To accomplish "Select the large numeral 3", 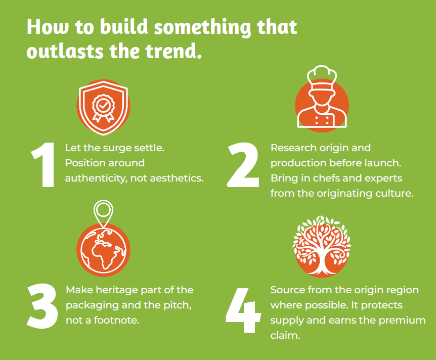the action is [42, 306].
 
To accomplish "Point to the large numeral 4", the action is [243, 310].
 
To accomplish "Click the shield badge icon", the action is [104, 108].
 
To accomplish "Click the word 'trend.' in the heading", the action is [173, 51].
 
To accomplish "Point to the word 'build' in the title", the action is [124, 27].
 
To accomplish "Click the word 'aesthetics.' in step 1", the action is [177, 178].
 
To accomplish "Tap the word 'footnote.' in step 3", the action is [116, 320].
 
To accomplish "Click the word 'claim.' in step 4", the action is [285, 335].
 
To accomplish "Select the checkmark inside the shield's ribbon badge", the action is [103, 105].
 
